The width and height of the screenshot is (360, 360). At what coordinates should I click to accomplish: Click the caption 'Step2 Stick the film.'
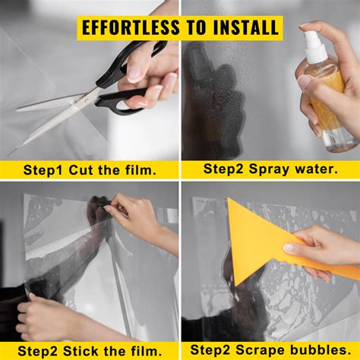point(89,350)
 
